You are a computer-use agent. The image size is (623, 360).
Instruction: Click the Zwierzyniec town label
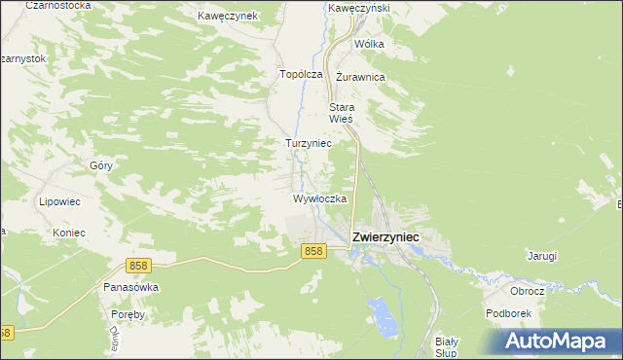tap(385, 236)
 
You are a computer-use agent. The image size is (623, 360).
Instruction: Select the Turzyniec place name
tap(308, 143)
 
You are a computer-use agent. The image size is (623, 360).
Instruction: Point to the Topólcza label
tap(301, 74)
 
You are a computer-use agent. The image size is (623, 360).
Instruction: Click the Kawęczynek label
tap(226, 17)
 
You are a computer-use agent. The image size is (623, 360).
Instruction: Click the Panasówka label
tap(130, 288)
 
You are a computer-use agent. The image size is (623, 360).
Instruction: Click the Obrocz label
tap(527, 291)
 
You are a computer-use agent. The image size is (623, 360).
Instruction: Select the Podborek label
tap(508, 313)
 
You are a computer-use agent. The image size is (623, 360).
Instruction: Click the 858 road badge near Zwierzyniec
tap(312, 251)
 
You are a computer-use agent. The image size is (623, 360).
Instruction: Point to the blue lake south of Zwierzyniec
tap(385, 316)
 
